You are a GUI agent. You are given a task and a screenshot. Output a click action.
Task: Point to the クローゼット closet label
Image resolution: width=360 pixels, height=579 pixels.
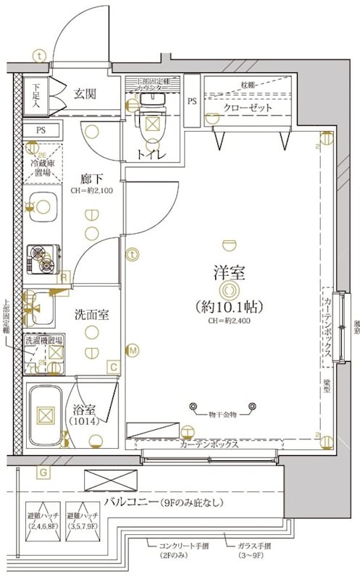[x=248, y=107]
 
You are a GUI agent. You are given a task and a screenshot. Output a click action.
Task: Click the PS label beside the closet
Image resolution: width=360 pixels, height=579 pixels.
[x=192, y=101]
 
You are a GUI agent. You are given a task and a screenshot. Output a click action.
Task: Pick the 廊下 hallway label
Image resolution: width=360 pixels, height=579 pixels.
[x=91, y=177]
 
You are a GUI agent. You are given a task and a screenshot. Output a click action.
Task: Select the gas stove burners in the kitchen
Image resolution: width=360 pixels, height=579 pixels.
[x=42, y=259]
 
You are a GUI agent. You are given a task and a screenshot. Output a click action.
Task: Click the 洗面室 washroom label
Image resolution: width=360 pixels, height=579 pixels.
[x=92, y=314]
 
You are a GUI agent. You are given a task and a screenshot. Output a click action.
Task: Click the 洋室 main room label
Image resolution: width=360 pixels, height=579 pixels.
[x=228, y=273]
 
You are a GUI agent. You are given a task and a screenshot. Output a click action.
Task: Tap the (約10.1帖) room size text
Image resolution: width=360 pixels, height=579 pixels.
[x=228, y=305]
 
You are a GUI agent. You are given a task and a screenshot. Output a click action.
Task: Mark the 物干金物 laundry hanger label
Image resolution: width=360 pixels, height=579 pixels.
[x=222, y=413]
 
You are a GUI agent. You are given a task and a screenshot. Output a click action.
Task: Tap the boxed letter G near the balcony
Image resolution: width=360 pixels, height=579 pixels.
[x=43, y=473]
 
